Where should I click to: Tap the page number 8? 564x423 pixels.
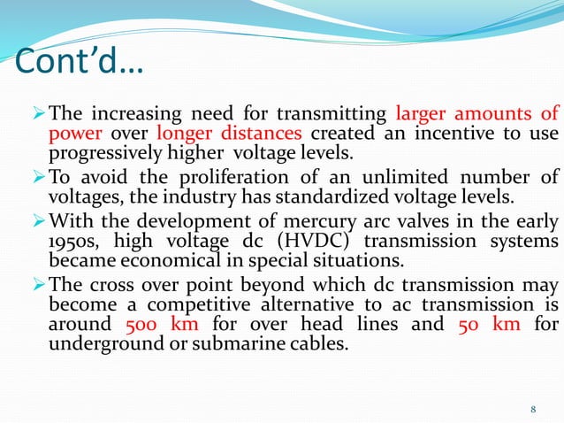click(x=533, y=408)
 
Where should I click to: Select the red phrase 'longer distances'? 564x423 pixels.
click(x=229, y=134)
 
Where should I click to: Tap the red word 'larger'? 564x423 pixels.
click(x=423, y=113)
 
